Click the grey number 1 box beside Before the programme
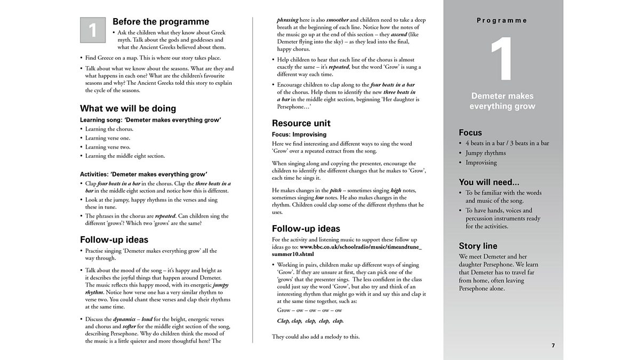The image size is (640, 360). [93, 30]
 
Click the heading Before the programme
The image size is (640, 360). [161, 22]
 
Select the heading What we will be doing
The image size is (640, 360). [128, 108]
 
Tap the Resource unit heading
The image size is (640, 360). [301, 123]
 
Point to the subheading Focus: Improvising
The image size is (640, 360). [299, 134]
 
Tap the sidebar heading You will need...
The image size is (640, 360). [489, 182]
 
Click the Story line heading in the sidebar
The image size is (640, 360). [478, 246]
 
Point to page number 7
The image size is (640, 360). [553, 346]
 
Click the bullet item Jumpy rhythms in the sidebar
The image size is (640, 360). [485, 153]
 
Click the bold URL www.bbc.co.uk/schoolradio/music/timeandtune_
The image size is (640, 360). [361, 247]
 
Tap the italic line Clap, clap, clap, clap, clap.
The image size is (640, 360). [310, 321]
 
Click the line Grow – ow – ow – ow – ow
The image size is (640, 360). [309, 310]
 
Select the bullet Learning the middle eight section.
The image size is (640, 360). [125, 156]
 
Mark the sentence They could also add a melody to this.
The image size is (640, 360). [316, 337]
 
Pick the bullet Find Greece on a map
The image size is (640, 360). [153, 58]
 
